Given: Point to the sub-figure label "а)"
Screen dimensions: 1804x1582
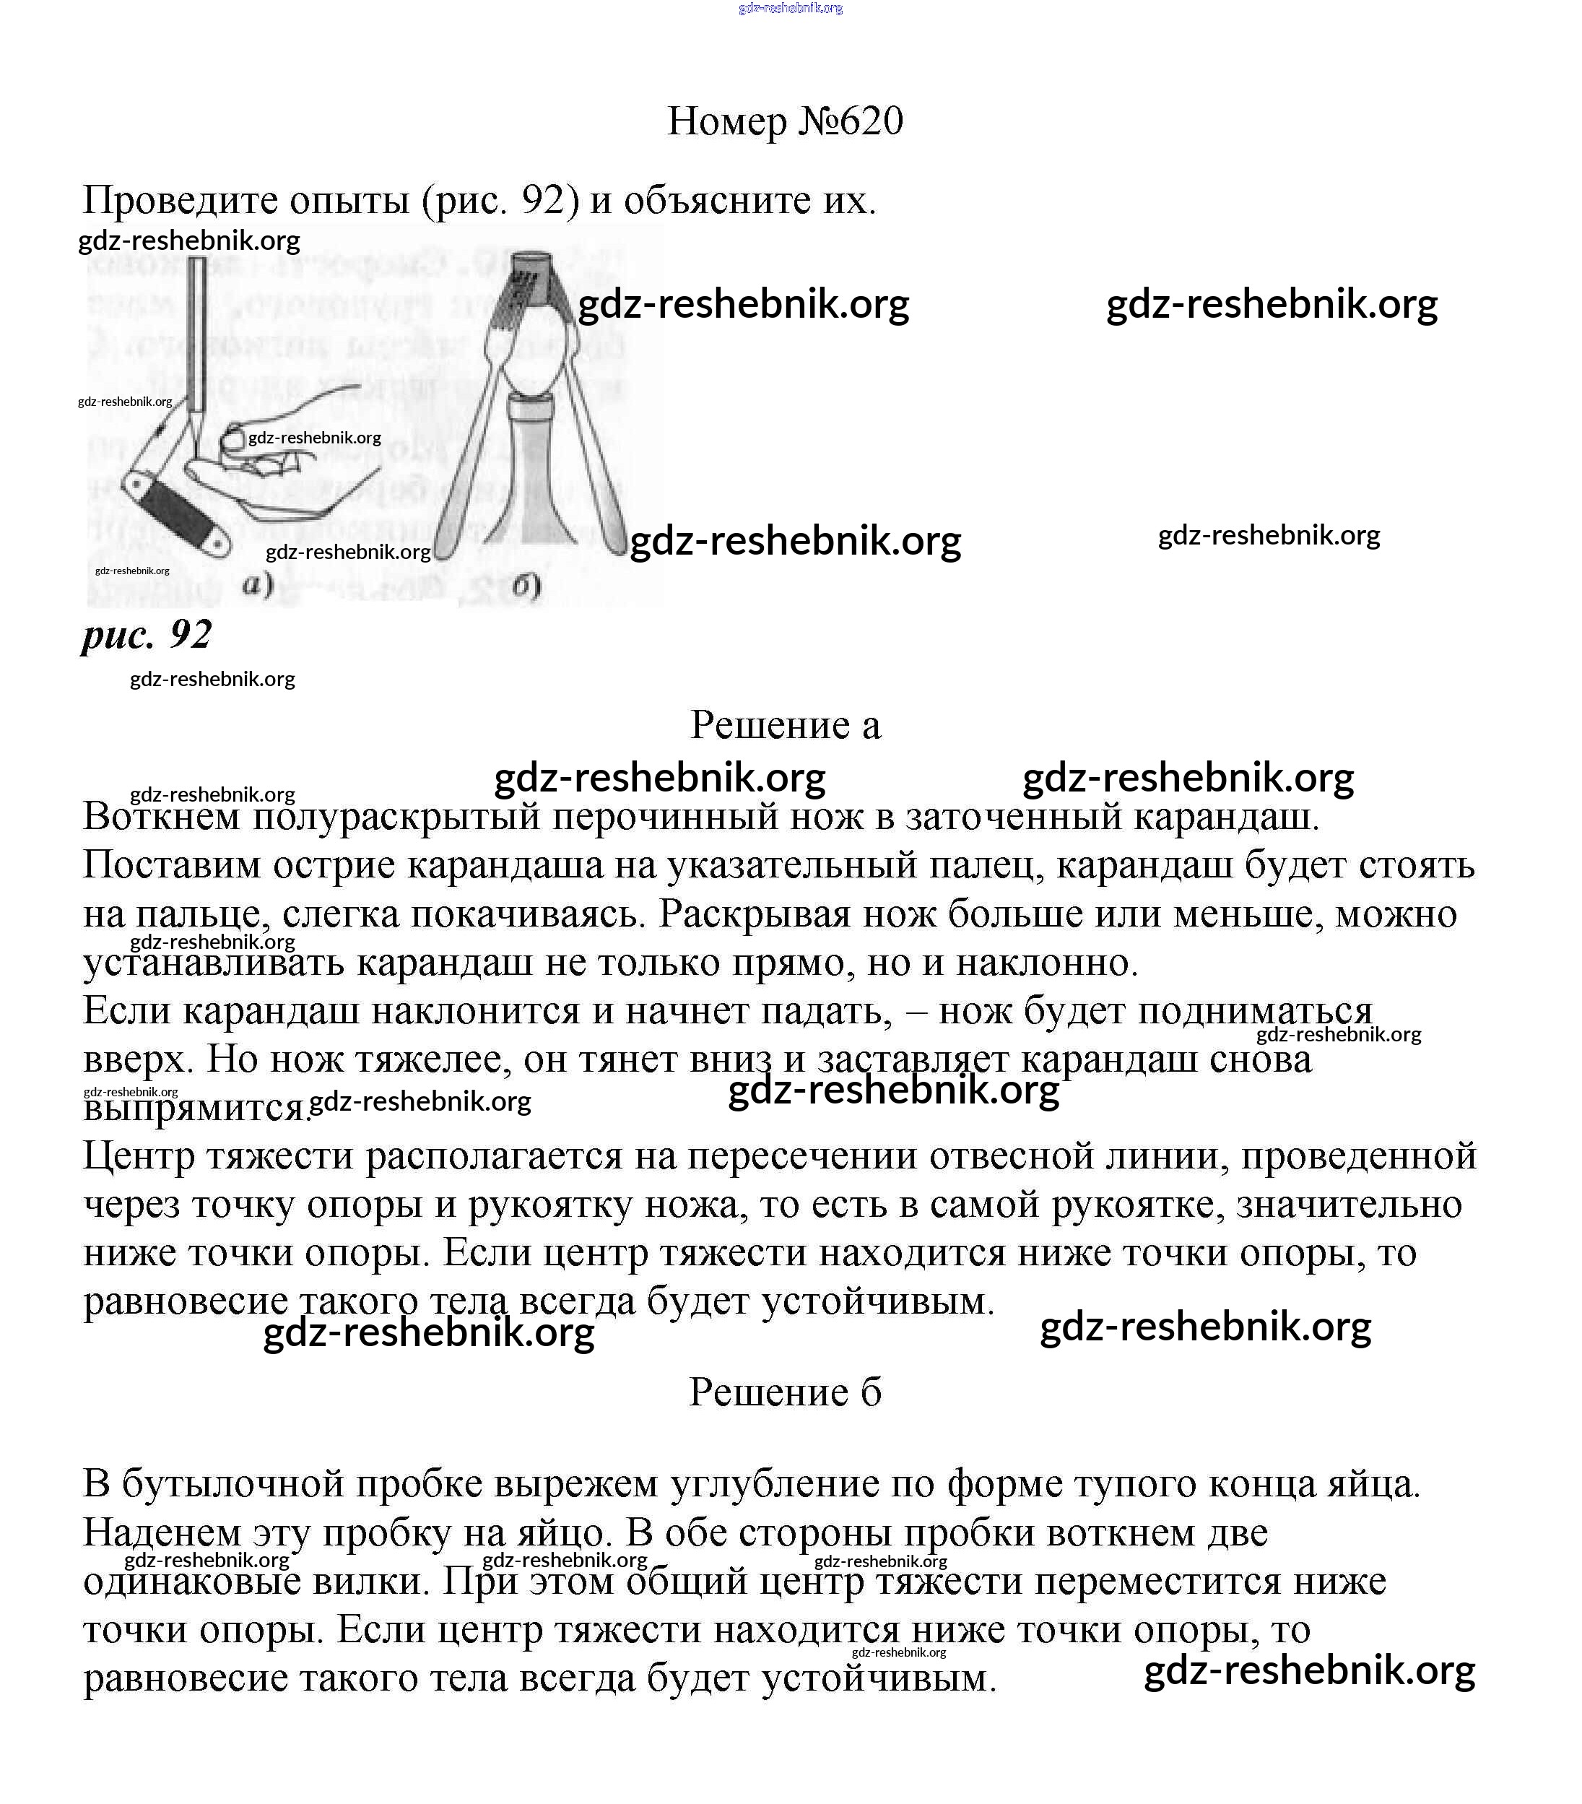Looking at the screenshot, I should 258,584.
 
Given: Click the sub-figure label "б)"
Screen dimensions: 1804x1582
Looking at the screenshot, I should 526,585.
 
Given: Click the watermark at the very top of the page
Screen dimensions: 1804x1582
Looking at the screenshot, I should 790,8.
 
